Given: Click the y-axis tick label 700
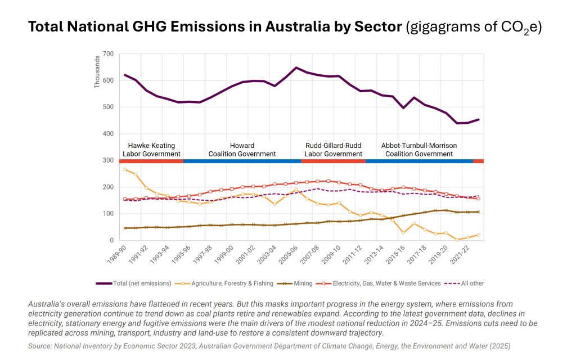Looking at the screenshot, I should pyautogui.click(x=107, y=54).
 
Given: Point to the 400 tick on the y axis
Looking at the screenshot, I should pyautogui.click(x=107, y=134).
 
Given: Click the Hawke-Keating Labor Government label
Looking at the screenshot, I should pyautogui.click(x=151, y=150).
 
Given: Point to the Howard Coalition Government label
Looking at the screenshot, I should pyautogui.click(x=242, y=150).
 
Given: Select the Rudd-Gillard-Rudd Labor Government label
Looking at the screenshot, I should pyautogui.click(x=334, y=150).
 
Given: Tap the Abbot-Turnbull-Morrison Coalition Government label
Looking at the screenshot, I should pyautogui.click(x=419, y=150).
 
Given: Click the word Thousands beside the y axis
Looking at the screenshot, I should pyautogui.click(x=98, y=71).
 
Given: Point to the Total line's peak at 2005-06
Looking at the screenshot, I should pyautogui.click(x=296, y=67).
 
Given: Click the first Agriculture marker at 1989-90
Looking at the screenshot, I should pyautogui.click(x=125, y=169).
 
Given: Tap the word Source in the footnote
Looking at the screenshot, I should pyautogui.click(x=40, y=346).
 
